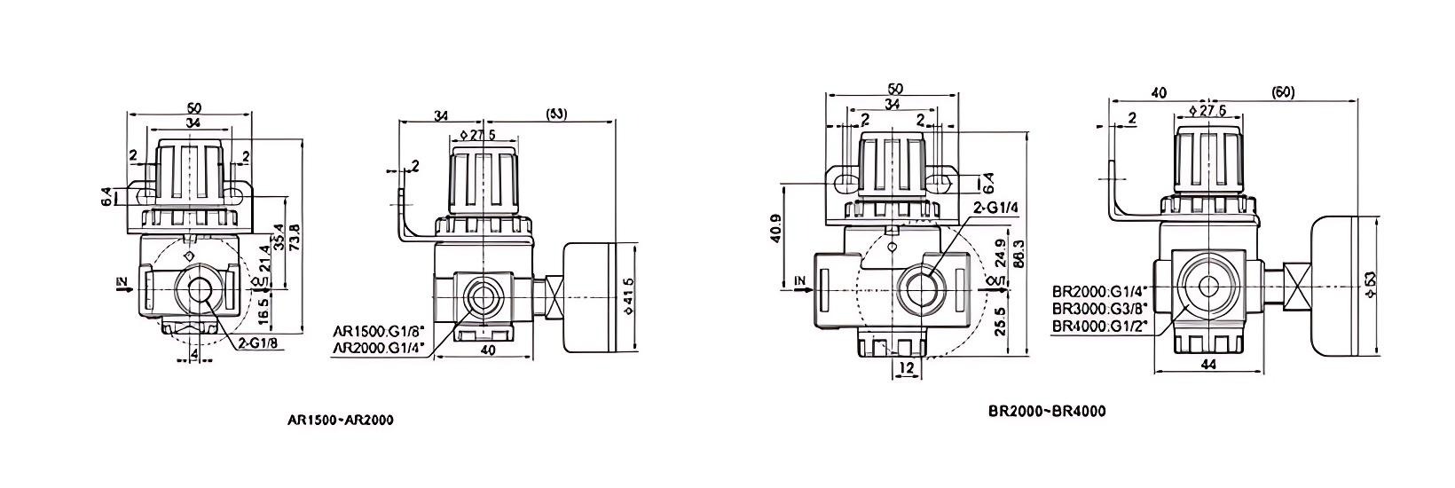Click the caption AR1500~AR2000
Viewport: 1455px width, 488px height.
341,420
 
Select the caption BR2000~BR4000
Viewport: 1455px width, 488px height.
1047,411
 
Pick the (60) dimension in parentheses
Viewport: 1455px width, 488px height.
1283,91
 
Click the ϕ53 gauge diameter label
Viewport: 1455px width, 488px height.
1372,284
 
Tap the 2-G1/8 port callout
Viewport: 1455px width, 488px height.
260,343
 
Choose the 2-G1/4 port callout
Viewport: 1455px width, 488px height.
996,209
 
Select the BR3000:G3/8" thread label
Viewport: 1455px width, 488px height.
1100,308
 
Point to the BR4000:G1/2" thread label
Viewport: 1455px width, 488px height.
1100,325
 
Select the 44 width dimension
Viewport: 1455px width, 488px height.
1207,364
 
